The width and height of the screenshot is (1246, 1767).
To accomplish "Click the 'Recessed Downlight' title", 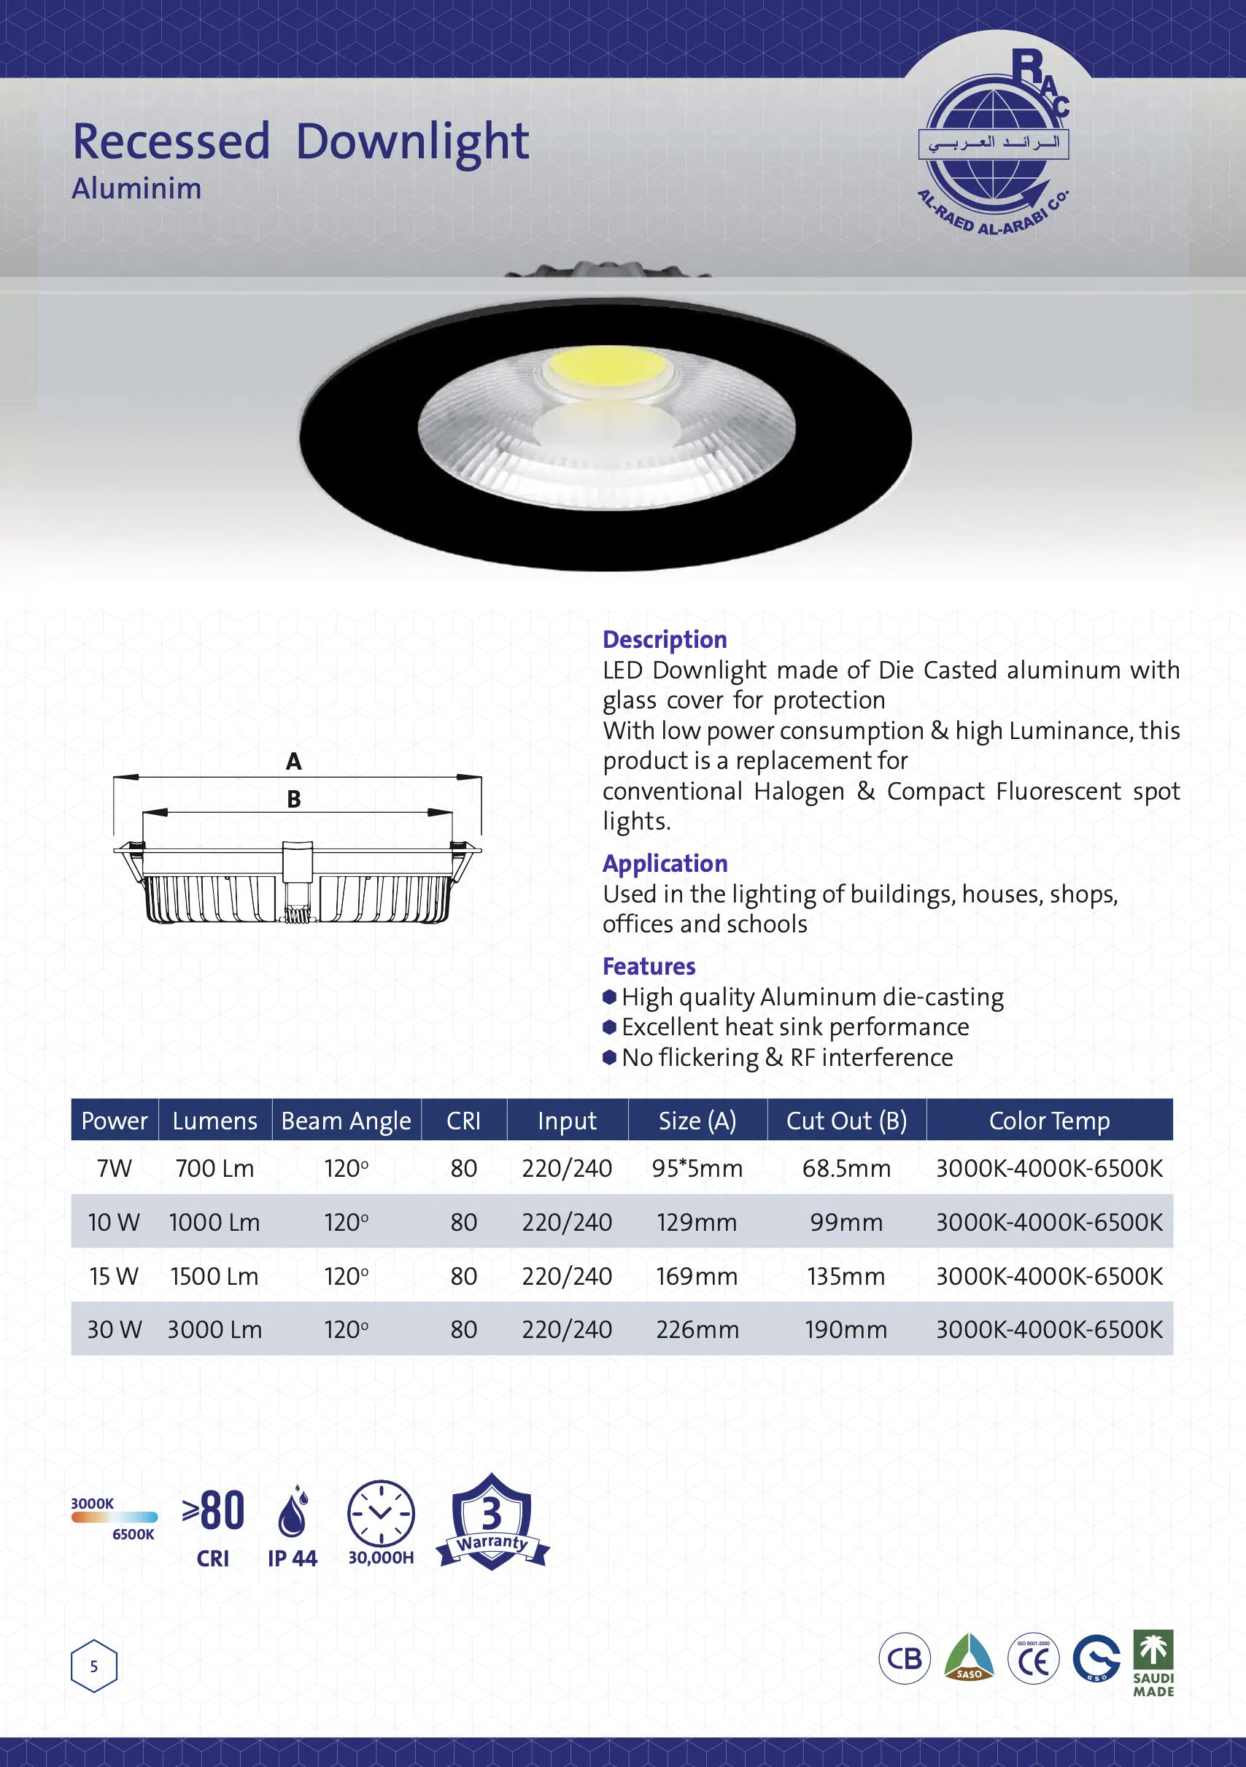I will coord(300,142).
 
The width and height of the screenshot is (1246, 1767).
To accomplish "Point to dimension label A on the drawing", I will coord(293,762).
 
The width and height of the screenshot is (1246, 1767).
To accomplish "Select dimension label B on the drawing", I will coord(293,800).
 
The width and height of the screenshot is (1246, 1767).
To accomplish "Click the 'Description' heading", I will coord(664,640).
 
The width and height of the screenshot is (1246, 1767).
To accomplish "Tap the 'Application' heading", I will coord(664,864).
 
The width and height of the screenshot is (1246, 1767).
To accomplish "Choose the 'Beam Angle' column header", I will coord(346,1121).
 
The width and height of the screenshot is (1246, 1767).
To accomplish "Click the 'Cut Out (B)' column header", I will coord(845,1121).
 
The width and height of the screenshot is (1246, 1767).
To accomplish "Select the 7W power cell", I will coord(114,1168).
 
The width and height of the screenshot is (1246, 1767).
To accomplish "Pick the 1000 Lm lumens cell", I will coord(214,1222).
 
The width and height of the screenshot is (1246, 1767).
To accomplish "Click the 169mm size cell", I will coord(697,1276).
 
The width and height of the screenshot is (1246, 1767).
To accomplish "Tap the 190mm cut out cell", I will coord(845,1329).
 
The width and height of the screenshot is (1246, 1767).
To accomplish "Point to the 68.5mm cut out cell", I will coord(845,1168).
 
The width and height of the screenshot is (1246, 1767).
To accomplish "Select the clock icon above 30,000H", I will coord(380,1512).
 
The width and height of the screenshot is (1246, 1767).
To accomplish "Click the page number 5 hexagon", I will coord(94,1666).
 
